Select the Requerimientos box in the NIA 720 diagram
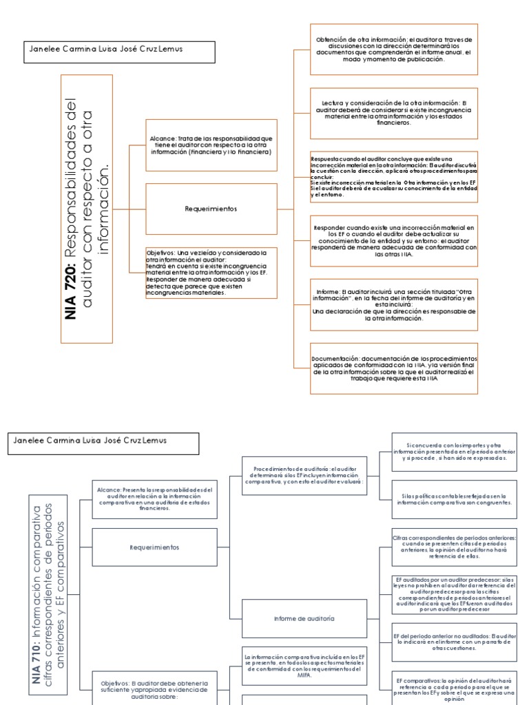pyautogui.click(x=211, y=207)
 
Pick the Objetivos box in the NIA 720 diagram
pyautogui.click(x=211, y=273)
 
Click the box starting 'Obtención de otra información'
pyautogui.click(x=393, y=49)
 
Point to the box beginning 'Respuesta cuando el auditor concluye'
pyautogui.click(x=393, y=176)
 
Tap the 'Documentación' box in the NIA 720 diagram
pyautogui.click(x=393, y=368)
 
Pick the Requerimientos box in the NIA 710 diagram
pyautogui.click(x=154, y=547)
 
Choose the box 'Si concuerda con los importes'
pyautogui.click(x=453, y=452)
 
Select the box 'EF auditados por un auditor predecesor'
pyautogui.click(x=453, y=593)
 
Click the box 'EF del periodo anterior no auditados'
pyautogui.click(x=453, y=641)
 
